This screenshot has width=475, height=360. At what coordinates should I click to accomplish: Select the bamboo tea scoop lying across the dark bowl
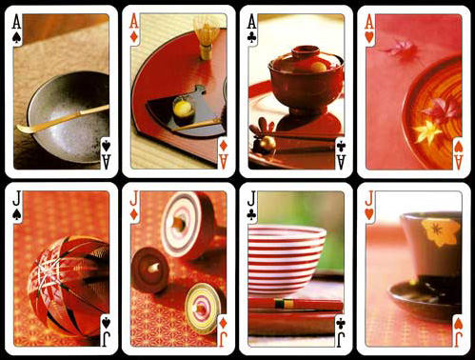coord(63,119)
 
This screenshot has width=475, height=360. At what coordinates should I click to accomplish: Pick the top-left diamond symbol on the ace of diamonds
coord(134,38)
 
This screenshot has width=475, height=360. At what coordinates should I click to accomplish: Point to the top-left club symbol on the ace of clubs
coord(252,38)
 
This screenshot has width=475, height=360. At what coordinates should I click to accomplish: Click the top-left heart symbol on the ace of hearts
coord(369,38)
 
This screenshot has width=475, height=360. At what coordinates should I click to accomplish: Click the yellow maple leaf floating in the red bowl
coord(427,130)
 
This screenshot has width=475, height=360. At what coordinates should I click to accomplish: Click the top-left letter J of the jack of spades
coord(16,200)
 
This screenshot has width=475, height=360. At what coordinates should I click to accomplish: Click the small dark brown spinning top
coord(150,270)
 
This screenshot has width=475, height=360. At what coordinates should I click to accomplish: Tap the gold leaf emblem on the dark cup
coord(441,231)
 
